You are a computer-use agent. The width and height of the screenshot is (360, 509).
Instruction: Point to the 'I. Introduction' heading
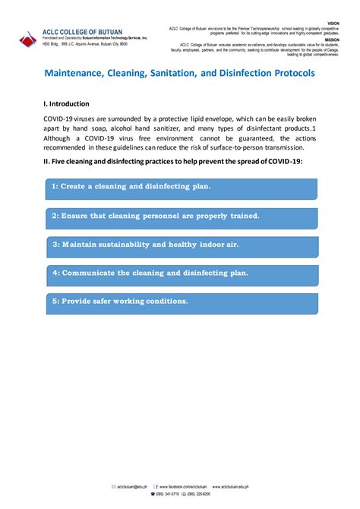coord(66,103)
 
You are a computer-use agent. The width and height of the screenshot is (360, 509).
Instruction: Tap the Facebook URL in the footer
coord(182,486)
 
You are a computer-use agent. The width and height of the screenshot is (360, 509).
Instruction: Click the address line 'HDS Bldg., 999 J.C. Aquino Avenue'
coord(84,44)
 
